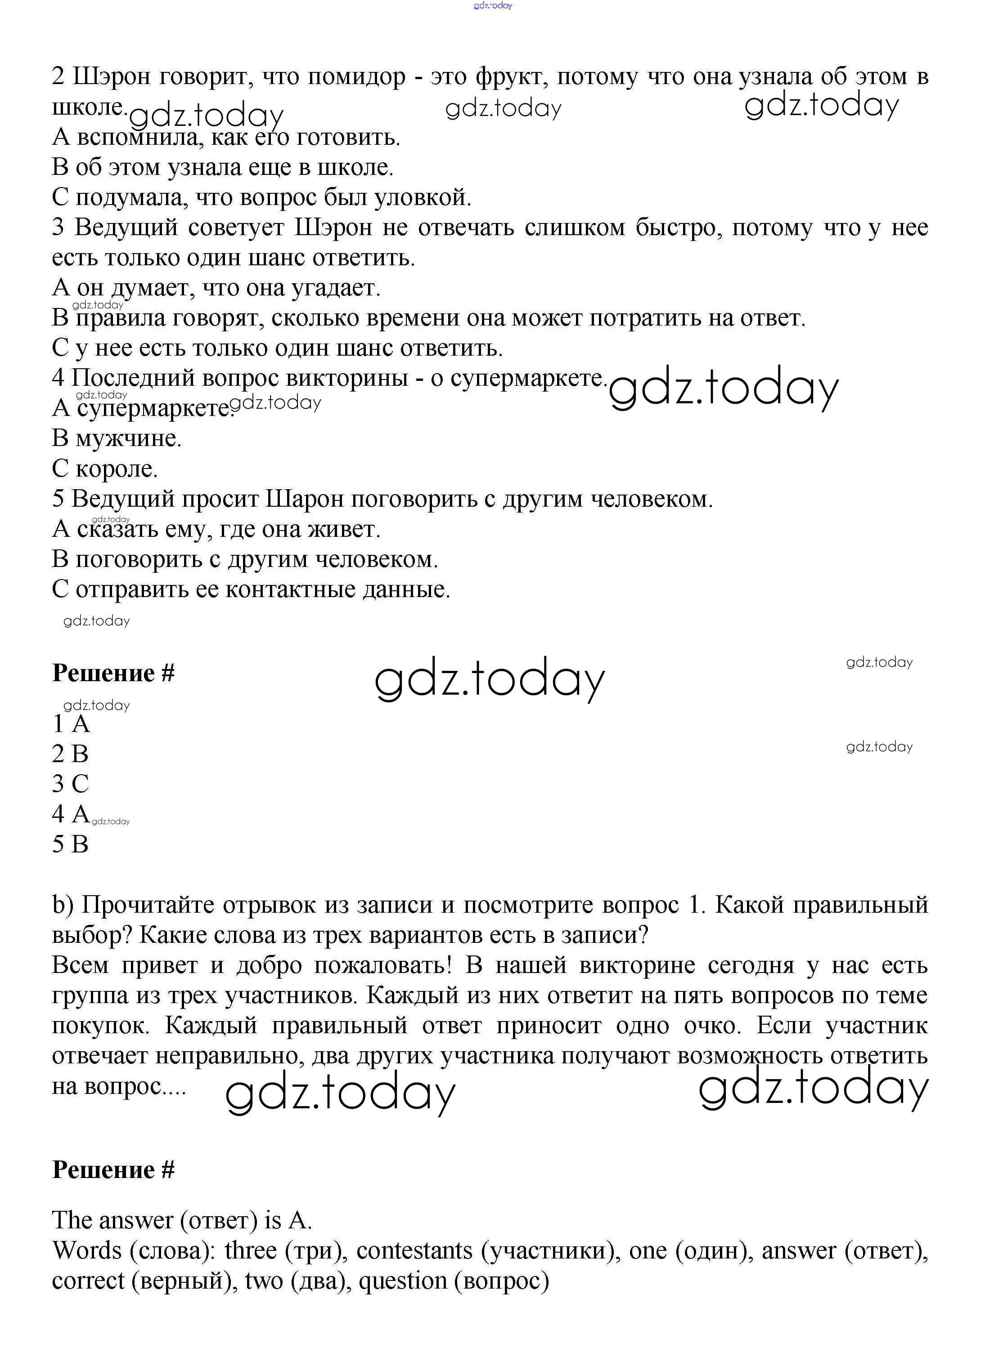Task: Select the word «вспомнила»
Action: click(x=139, y=138)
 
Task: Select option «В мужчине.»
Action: click(x=117, y=439)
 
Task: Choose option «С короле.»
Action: click(x=105, y=469)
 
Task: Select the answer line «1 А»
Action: click(x=71, y=724)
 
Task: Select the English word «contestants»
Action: click(x=414, y=1249)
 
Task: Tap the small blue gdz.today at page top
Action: click(x=493, y=6)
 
